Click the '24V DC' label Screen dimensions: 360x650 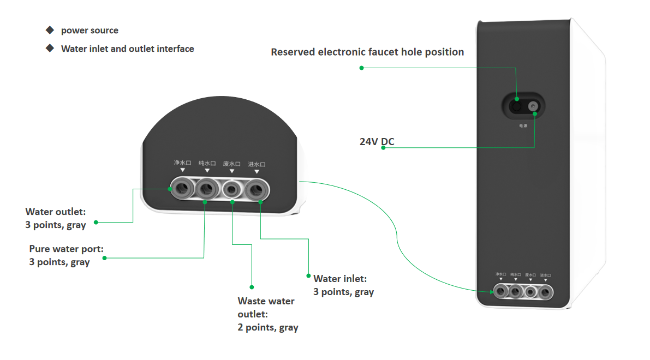[x=377, y=142]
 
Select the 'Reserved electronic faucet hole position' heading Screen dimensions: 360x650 [x=367, y=52]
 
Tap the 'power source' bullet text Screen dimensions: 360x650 [x=90, y=31]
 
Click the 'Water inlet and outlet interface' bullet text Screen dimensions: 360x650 [x=127, y=49]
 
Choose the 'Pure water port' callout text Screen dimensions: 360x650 [x=66, y=255]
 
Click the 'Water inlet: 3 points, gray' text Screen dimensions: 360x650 [x=343, y=285]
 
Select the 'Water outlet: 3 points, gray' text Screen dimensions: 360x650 [x=56, y=218]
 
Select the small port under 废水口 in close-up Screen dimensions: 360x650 [x=232, y=189]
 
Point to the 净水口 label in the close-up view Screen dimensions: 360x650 [x=182, y=163]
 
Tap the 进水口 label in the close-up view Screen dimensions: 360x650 [x=257, y=164]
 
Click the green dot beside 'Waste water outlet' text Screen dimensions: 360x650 [x=252, y=286]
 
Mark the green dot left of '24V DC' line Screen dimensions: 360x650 [x=383, y=147]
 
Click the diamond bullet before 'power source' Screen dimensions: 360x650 [x=50, y=29]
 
